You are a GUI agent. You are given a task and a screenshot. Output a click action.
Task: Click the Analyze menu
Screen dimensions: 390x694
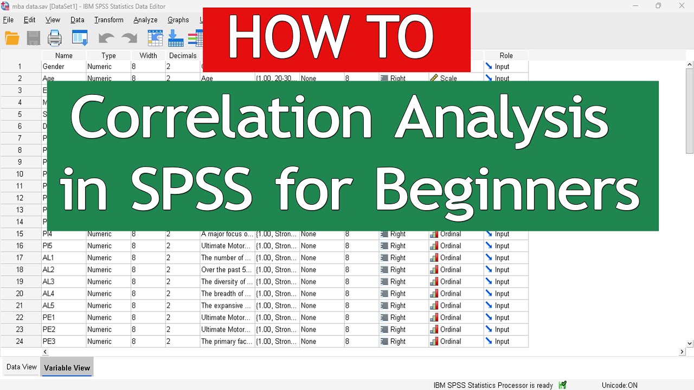coord(145,20)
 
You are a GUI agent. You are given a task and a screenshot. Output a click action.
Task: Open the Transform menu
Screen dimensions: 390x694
coord(108,20)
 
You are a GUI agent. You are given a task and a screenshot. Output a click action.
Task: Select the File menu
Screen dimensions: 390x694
coord(8,20)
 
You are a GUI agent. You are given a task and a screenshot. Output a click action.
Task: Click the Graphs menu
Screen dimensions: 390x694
coord(178,20)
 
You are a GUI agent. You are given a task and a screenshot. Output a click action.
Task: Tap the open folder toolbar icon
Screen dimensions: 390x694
coord(12,38)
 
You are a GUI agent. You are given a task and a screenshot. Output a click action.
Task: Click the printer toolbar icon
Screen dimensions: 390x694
coord(55,38)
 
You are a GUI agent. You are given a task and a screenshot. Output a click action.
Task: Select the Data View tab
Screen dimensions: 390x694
coord(22,367)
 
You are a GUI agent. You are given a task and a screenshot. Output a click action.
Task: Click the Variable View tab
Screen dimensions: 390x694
coord(67,368)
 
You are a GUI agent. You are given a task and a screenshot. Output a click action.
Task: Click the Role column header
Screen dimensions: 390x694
coord(506,55)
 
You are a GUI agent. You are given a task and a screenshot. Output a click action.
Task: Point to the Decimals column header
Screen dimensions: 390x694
coord(182,55)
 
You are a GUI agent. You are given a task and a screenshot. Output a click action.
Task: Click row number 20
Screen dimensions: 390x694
coord(20,294)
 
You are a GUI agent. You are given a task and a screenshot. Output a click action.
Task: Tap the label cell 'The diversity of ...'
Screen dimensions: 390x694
coord(227,282)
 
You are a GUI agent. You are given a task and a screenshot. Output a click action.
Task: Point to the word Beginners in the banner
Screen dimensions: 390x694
coord(506,190)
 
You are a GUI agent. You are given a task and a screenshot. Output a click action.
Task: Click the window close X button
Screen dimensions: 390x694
coord(682,6)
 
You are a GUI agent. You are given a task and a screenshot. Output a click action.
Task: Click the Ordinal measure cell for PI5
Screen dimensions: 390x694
coord(450,246)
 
